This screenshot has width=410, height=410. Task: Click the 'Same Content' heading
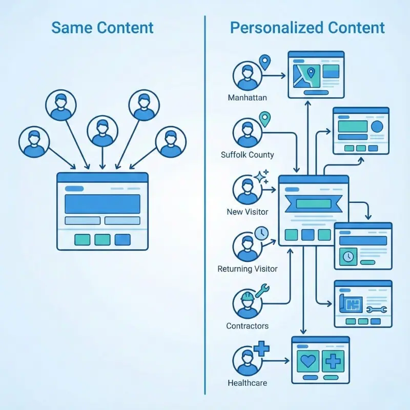102,28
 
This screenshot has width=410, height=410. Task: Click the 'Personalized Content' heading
307,28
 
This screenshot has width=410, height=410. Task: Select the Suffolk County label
247,155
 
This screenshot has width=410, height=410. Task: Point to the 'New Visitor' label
247,212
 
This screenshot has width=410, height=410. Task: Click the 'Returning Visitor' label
248,269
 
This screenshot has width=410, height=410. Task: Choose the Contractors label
247,326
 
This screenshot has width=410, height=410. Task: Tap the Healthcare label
247,383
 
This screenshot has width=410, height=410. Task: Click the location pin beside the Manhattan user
264,63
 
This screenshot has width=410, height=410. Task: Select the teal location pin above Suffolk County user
264,119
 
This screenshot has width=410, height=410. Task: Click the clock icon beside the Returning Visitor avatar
261,234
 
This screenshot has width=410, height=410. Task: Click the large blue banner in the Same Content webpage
102,203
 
